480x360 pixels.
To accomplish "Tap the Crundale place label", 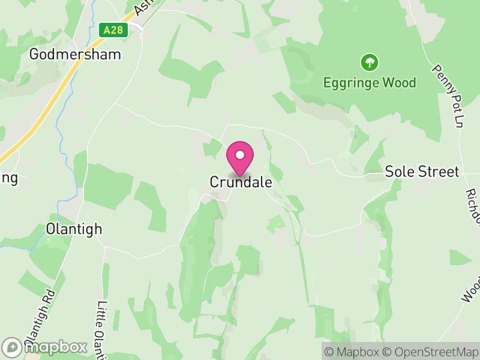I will pyautogui.click(x=241, y=182).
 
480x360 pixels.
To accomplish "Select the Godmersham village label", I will pyautogui.click(x=75, y=54).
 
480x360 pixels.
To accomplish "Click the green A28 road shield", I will pyautogui.click(x=113, y=30).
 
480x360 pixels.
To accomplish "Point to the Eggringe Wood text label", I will pyautogui.click(x=369, y=83).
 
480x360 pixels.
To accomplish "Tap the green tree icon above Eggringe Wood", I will pyautogui.click(x=369, y=62).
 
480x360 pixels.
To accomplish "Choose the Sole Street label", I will pyautogui.click(x=422, y=172).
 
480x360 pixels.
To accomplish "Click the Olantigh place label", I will pyautogui.click(x=74, y=229).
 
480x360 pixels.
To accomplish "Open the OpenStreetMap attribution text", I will pyautogui.click(x=431, y=352).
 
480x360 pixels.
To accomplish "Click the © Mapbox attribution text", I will pyautogui.click(x=353, y=352).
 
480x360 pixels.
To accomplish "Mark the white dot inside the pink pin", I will pyautogui.click(x=240, y=154).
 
